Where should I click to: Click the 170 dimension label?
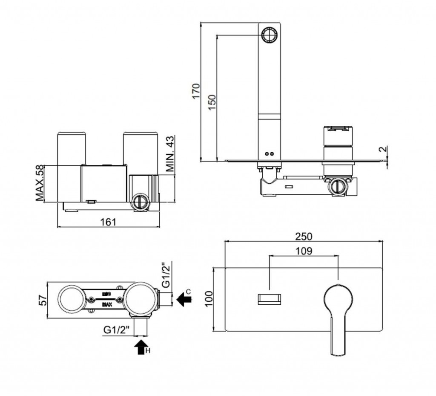tap(195, 91)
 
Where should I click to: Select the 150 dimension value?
tap(212, 102)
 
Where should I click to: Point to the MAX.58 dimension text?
tap(40, 183)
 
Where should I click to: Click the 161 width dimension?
tap(108, 222)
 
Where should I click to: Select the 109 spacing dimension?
tap(304, 251)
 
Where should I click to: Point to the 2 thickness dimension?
tap(384, 150)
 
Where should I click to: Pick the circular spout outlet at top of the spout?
tap(269, 35)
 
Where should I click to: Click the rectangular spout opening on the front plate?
tap(270, 299)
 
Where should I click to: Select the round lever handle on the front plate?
tap(338, 297)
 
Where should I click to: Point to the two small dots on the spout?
tap(270, 153)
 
